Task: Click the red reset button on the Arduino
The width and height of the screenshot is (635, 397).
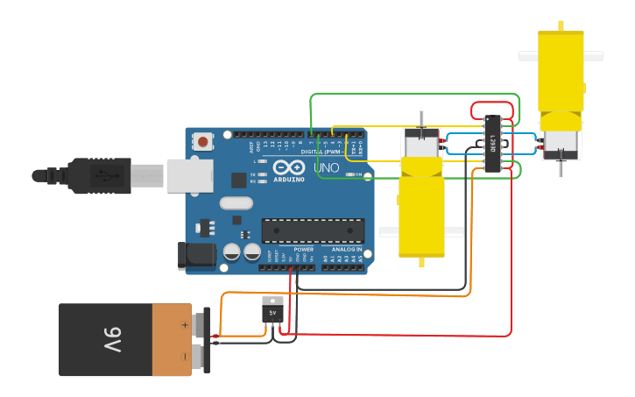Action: click(203, 141)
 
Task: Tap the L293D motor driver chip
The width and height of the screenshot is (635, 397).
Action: click(492, 143)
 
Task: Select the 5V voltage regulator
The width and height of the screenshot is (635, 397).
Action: click(272, 312)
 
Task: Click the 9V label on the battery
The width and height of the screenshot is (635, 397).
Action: click(110, 339)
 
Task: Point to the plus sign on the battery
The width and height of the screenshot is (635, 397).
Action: click(185, 324)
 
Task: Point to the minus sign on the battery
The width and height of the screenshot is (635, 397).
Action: click(185, 356)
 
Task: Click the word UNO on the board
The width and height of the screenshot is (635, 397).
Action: click(326, 167)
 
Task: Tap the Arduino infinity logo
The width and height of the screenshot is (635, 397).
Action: click(288, 167)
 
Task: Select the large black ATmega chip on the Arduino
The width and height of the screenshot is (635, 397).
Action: click(313, 230)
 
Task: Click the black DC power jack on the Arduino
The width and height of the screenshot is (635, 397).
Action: click(196, 255)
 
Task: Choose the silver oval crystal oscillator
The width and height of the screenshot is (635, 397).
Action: click(236, 203)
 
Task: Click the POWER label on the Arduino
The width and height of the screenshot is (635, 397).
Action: click(303, 249)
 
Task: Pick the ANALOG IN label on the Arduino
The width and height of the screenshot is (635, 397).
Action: click(347, 249)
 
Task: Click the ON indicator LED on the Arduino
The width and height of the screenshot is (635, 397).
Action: click(349, 174)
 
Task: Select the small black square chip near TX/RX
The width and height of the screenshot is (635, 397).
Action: click(238, 180)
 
